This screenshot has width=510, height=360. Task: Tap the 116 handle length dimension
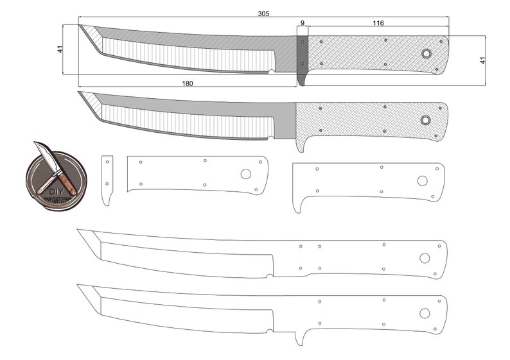pyautogui.click(x=378, y=23)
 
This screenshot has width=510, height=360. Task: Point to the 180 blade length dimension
pyautogui.click(x=188, y=83)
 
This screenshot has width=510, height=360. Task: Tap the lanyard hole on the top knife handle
pyautogui.click(x=426, y=54)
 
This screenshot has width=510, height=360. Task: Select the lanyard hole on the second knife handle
pyautogui.click(x=425, y=120)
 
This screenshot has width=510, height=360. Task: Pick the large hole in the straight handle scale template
pyautogui.click(x=246, y=174)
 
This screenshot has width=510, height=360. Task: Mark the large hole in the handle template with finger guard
pyautogui.click(x=422, y=181)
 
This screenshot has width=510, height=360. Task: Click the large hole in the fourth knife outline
pyautogui.click(x=425, y=258)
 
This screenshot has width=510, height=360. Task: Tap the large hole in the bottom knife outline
pyautogui.click(x=424, y=313)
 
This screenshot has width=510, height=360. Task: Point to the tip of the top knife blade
pyautogui.click(x=80, y=26)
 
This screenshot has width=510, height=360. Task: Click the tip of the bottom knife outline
pyautogui.click(x=78, y=285)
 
